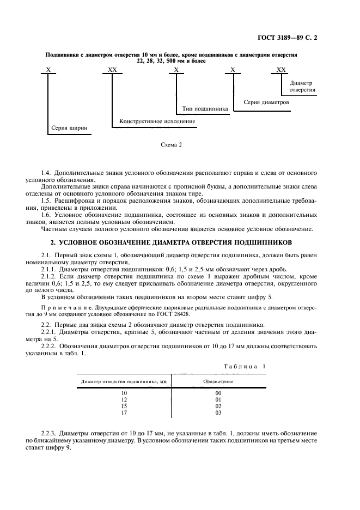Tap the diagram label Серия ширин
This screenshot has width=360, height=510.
click(x=69, y=129)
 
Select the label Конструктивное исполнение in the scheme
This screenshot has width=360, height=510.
click(x=157, y=121)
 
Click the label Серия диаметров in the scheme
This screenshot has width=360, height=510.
click(x=266, y=102)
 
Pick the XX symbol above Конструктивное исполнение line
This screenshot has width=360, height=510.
click(x=113, y=70)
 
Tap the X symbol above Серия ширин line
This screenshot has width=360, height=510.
click(x=48, y=70)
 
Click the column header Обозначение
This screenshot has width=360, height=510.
click(x=218, y=381)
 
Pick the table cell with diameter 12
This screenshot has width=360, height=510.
click(x=124, y=399)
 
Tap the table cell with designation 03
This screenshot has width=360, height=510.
click(x=218, y=412)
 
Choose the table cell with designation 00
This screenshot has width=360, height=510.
click(x=218, y=392)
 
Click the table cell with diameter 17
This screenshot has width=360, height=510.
click(x=124, y=412)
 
